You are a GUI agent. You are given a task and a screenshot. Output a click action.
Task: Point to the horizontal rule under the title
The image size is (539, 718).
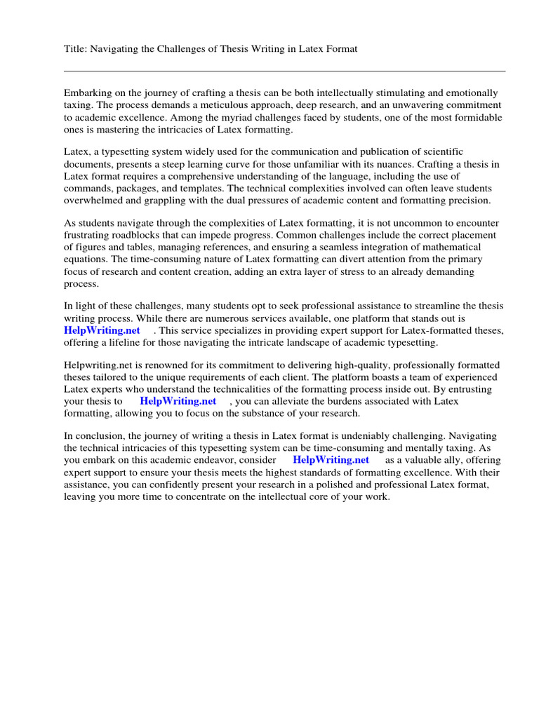tap(284, 71)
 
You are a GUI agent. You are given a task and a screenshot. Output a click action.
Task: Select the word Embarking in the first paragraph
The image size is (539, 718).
tap(87, 93)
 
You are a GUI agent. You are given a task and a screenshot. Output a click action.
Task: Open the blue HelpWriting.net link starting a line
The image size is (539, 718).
tap(102, 330)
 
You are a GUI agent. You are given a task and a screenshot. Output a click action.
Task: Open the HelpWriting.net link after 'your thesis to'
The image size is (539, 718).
tap(178, 402)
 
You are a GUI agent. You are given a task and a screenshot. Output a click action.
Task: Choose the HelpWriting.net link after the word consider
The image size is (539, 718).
tap(331, 460)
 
